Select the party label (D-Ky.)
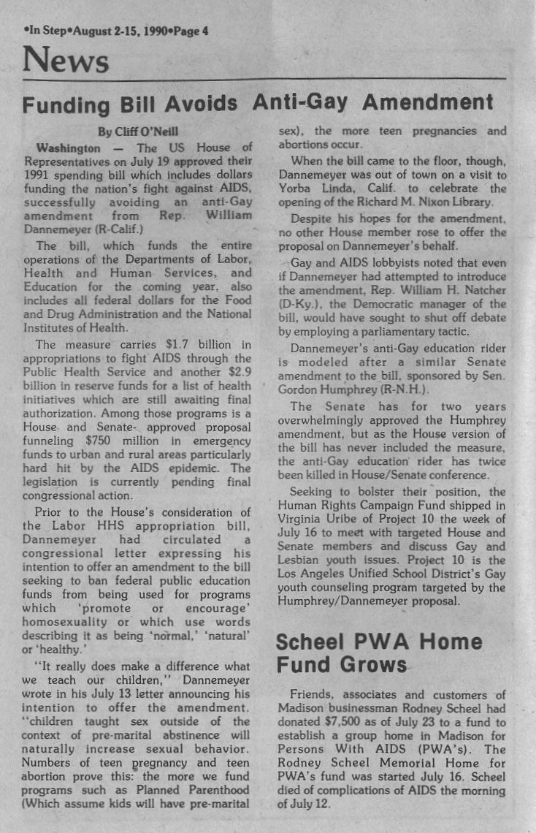coord(299,305)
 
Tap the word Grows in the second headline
coord(370,666)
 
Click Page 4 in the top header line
coord(191,31)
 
